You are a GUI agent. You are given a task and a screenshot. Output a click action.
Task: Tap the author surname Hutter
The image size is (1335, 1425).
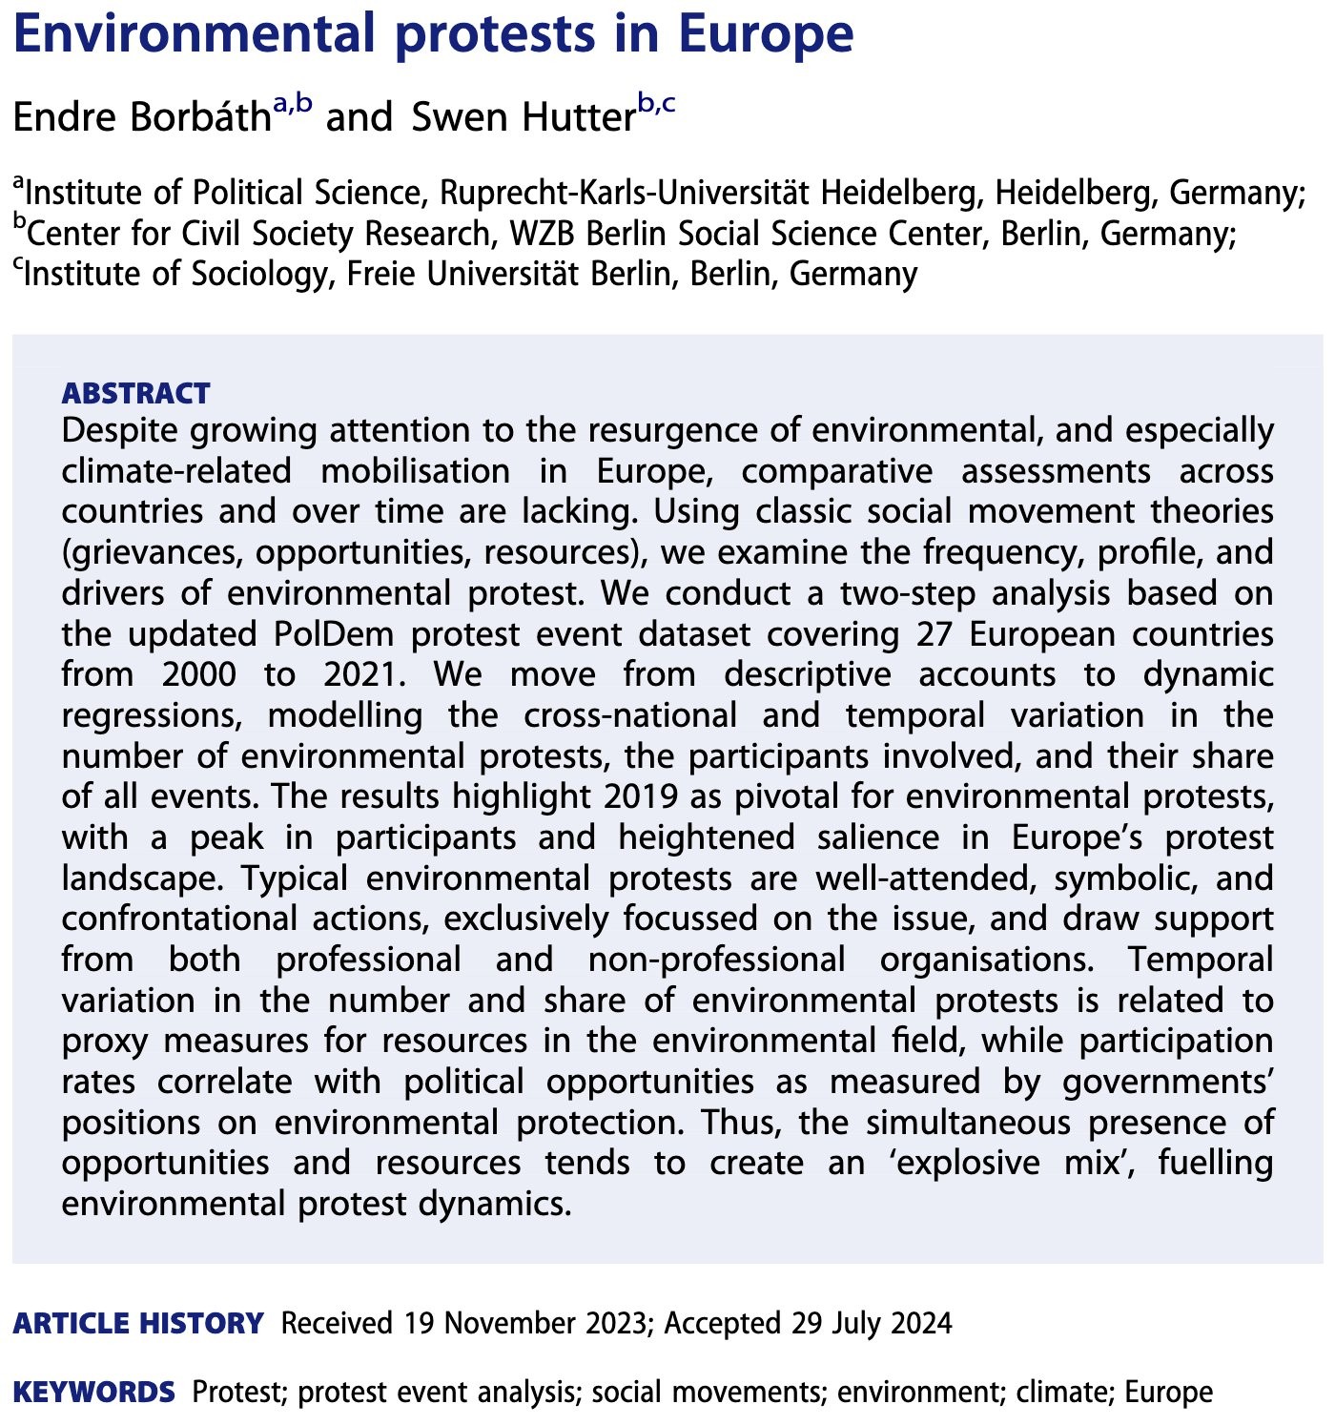[x=572, y=118]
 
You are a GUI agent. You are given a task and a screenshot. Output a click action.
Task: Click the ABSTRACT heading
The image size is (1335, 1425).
[x=135, y=393]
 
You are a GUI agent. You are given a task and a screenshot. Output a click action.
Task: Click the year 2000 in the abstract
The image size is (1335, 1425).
[x=198, y=675]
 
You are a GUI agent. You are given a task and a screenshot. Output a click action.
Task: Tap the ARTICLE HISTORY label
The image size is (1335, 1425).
[x=138, y=1324]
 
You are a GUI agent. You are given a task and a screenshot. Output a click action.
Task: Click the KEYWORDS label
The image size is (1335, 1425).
[x=94, y=1393]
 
